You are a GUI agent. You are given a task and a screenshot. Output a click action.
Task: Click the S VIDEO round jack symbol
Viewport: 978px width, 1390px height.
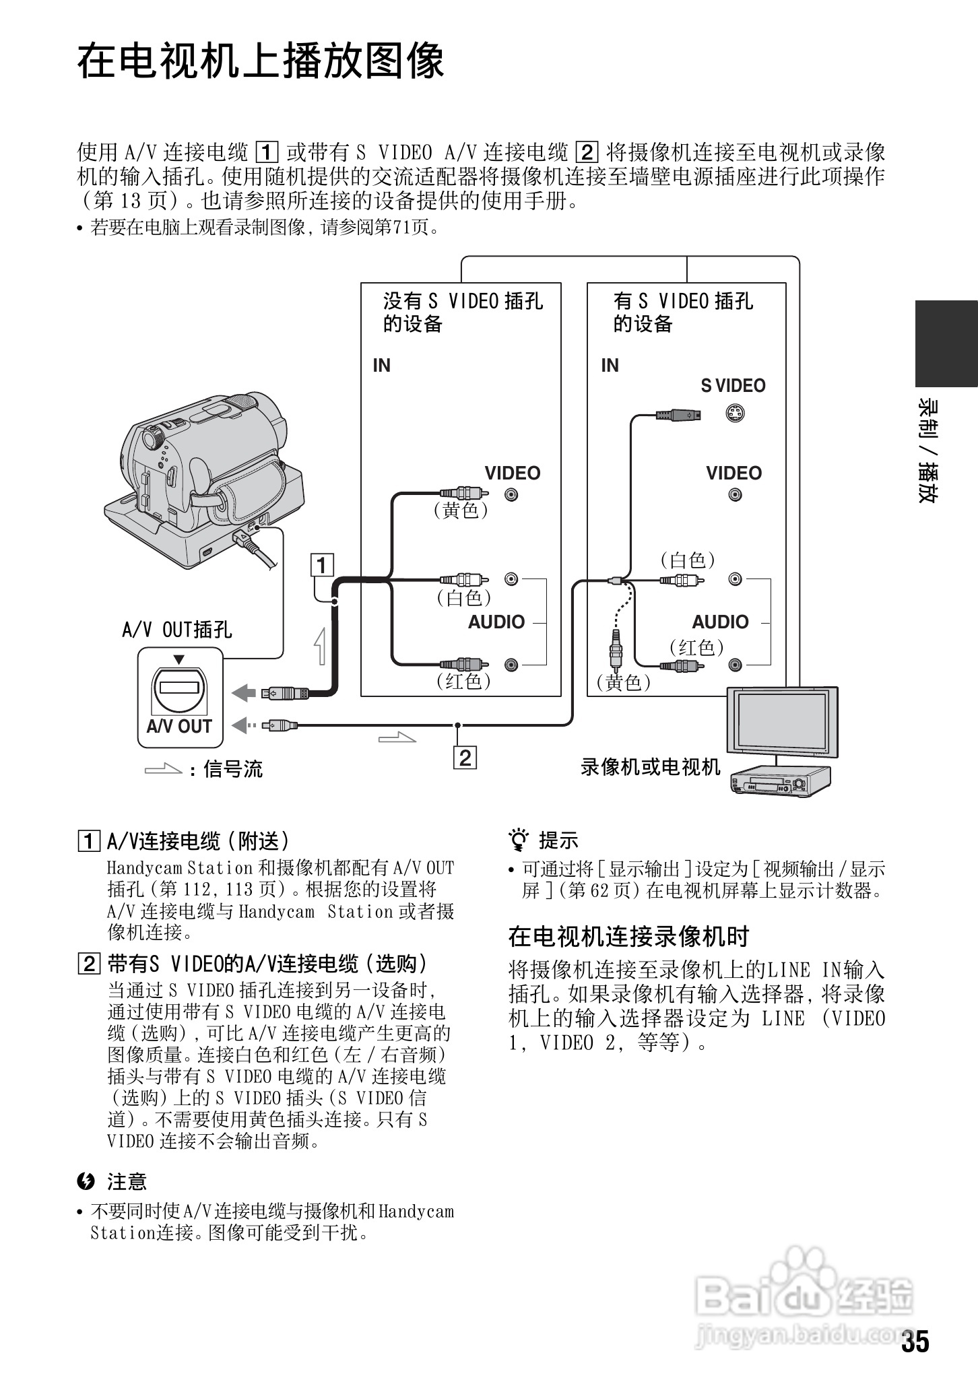click(735, 413)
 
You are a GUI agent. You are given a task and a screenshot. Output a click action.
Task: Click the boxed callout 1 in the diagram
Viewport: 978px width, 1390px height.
click(322, 564)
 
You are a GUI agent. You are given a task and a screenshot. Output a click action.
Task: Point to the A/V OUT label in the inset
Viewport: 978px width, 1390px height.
click(179, 726)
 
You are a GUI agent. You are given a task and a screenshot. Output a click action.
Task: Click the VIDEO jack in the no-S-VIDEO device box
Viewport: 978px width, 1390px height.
click(512, 495)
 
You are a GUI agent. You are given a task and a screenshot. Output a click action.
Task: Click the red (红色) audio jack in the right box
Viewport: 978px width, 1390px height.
click(735, 665)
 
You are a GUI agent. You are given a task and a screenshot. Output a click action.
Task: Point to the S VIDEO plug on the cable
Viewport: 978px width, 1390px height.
click(678, 415)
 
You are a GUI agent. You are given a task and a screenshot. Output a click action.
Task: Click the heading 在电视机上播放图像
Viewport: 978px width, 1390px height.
click(261, 61)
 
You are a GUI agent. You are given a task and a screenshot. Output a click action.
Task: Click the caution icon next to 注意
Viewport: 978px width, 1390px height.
click(86, 1181)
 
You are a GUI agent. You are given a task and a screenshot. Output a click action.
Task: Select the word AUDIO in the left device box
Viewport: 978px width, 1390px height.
click(496, 622)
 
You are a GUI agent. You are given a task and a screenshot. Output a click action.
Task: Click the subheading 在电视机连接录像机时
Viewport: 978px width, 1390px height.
click(628, 936)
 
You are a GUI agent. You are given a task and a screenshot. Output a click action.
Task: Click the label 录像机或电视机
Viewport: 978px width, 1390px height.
click(650, 767)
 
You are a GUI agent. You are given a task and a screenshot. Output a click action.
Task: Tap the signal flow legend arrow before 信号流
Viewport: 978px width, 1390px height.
click(163, 768)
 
